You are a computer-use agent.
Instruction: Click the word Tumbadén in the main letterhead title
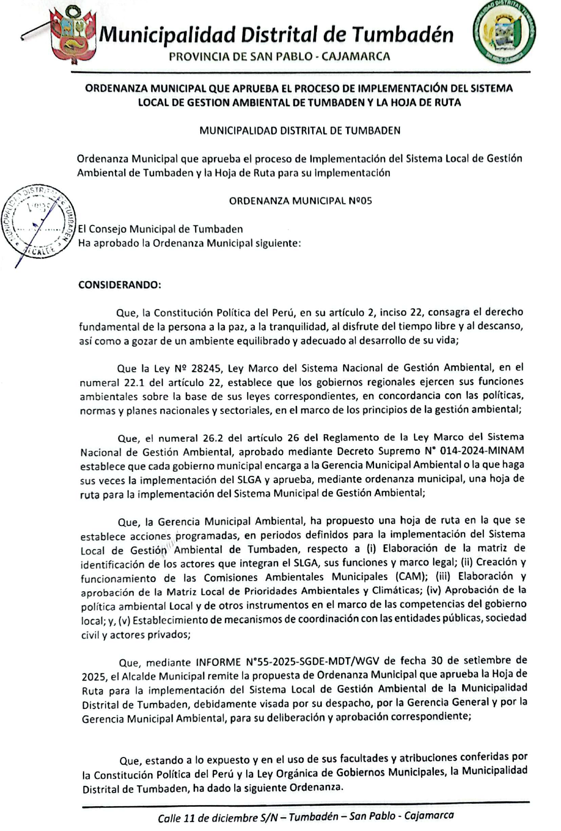pyautogui.click(x=402, y=34)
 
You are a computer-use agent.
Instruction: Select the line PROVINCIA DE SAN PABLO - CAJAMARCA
pyautogui.click(x=279, y=56)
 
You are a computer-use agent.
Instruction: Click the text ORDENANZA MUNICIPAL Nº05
pyautogui.click(x=300, y=201)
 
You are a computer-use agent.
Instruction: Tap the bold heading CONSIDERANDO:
pyautogui.click(x=120, y=285)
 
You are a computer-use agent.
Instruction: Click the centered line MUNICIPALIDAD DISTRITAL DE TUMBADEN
pyautogui.click(x=300, y=131)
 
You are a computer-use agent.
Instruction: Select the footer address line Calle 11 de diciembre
pyautogui.click(x=306, y=817)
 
